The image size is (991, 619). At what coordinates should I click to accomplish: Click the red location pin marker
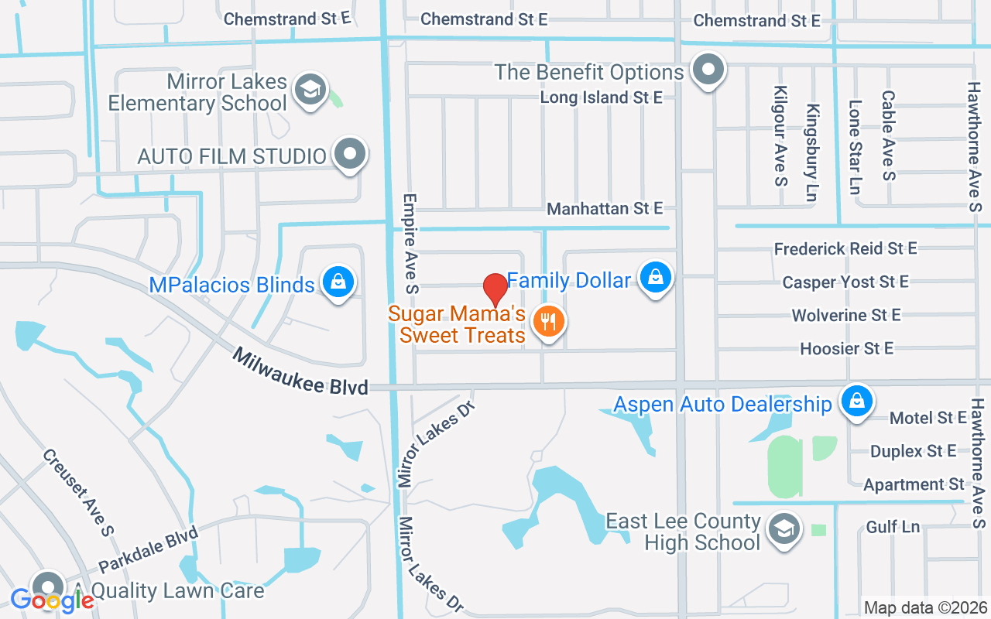(495, 289)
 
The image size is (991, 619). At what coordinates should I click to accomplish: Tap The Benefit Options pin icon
(708, 70)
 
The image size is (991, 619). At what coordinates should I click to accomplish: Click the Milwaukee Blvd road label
(300, 372)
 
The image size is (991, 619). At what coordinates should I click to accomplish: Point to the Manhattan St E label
(605, 208)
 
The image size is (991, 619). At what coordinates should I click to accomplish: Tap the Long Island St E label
(601, 97)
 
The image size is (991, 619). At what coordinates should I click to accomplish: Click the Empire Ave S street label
(410, 243)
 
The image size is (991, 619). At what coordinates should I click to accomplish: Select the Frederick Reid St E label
(845, 248)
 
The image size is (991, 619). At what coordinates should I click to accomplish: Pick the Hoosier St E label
(846, 348)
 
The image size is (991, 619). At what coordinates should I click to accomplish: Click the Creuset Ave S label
(78, 492)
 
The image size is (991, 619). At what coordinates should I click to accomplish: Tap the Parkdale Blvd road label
(148, 550)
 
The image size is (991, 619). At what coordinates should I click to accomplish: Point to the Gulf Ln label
(893, 527)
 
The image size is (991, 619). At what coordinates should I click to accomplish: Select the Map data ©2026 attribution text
(926, 607)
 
